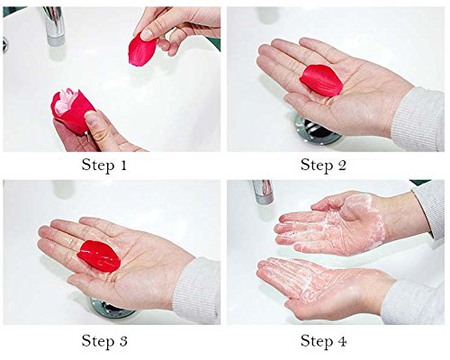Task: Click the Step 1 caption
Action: point(104,166)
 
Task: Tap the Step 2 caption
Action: point(323,166)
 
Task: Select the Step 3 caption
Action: point(104,341)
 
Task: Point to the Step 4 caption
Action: point(324,341)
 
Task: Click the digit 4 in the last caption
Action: point(342,340)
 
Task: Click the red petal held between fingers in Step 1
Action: point(142,49)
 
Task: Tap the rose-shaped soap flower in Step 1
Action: point(72,110)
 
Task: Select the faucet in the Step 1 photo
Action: point(54,25)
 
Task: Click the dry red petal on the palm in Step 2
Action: point(321,80)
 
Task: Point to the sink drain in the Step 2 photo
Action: point(318,132)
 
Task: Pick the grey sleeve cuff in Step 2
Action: point(418,120)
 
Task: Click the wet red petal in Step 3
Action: point(99,256)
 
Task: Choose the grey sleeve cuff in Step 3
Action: point(197,291)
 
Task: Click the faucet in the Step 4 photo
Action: point(263,192)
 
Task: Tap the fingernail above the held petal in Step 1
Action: point(147,34)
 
